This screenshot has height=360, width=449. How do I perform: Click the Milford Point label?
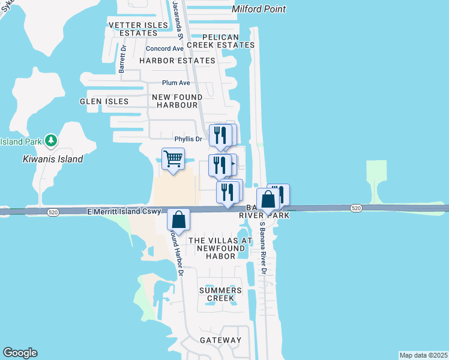point(258,9)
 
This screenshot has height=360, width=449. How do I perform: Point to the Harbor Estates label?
point(177,61)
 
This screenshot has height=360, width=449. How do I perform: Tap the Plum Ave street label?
point(175,83)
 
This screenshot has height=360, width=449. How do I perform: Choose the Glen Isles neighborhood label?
point(104,101)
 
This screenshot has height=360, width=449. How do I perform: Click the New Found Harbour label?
point(176,101)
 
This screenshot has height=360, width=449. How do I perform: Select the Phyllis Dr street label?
point(188,139)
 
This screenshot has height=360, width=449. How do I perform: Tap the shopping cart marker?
point(173,159)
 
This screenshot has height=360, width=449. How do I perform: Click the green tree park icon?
point(52,141)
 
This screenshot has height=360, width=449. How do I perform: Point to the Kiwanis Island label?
point(53,159)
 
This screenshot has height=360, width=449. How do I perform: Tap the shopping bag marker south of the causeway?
point(179,220)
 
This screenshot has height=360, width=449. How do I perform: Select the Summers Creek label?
point(220,294)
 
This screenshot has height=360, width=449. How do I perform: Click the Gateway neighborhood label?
point(220,340)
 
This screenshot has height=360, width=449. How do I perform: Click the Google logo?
point(20,353)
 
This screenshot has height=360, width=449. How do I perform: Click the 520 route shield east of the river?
point(357,208)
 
